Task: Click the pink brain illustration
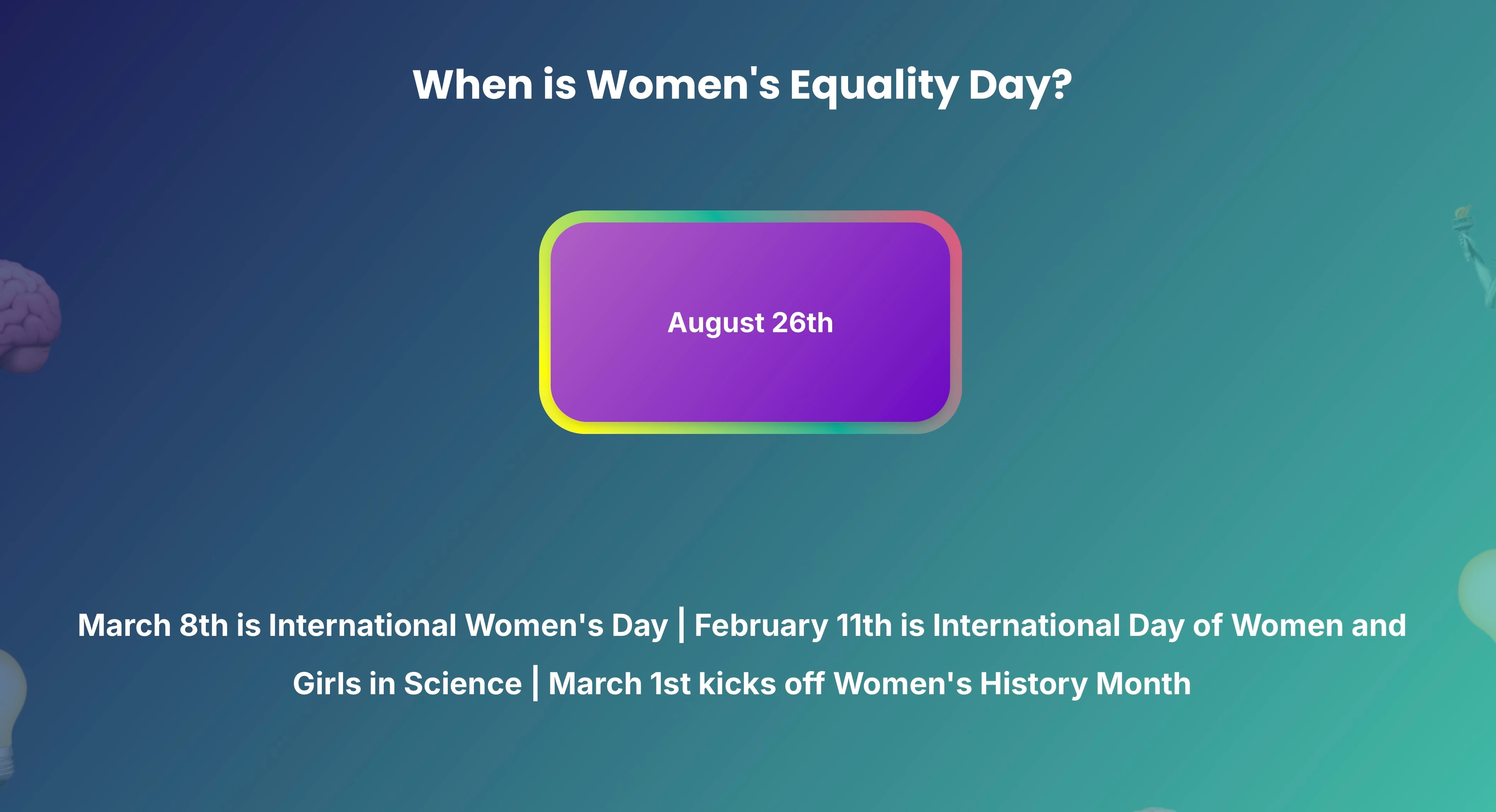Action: coord(29,315)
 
